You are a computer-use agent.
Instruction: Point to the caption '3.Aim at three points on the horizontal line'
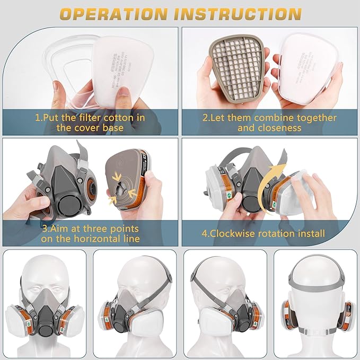(x=90, y=233)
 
